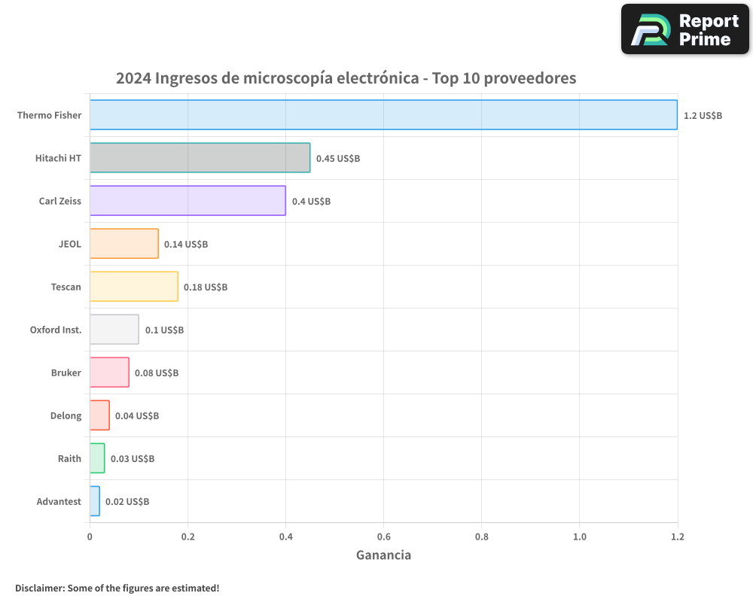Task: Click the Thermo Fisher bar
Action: (x=383, y=115)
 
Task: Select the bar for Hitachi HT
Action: (x=200, y=158)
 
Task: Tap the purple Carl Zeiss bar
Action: (x=187, y=201)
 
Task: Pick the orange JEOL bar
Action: (x=124, y=244)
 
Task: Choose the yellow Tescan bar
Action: (x=134, y=287)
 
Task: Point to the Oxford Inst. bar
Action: (x=114, y=330)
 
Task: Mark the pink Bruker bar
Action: (x=109, y=372)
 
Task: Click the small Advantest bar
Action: (x=95, y=501)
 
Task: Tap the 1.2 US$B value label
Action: (x=703, y=116)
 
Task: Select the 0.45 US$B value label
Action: (x=338, y=159)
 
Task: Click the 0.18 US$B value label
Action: (x=206, y=287)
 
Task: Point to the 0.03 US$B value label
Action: (x=133, y=459)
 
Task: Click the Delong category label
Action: (x=66, y=416)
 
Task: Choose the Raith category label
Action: (x=69, y=459)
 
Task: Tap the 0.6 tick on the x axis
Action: (x=383, y=537)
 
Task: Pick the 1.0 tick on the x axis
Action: (x=579, y=537)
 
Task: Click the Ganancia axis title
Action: (x=383, y=555)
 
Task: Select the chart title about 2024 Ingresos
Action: (x=346, y=78)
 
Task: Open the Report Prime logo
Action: (x=685, y=29)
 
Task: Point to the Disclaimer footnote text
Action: (x=117, y=588)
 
